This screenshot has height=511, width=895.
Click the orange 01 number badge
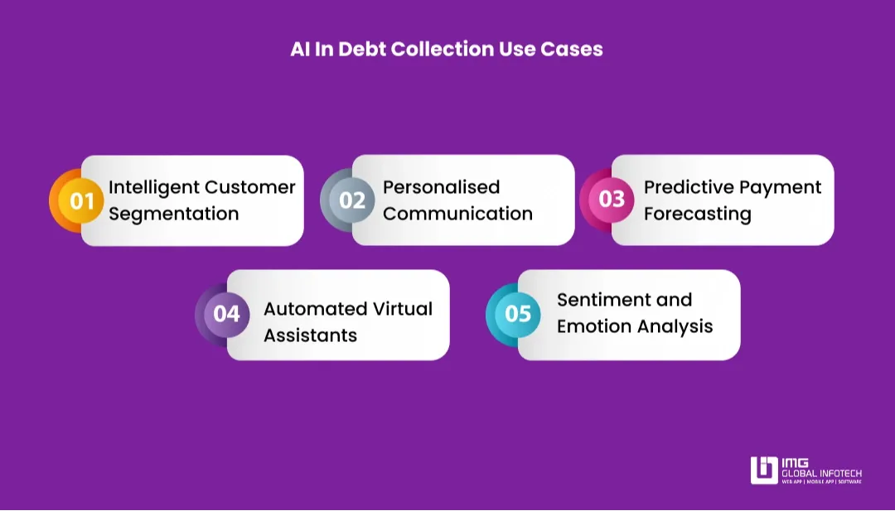click(x=81, y=200)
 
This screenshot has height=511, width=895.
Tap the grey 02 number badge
click(x=352, y=200)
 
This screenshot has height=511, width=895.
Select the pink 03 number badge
click(x=612, y=200)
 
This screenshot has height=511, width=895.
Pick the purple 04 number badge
click(x=226, y=315)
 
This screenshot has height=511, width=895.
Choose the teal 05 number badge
click(x=517, y=315)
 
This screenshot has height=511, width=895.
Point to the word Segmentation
click(x=173, y=214)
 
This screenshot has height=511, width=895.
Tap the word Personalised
click(x=441, y=187)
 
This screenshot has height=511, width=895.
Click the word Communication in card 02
click(x=457, y=214)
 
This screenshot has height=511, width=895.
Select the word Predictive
click(x=686, y=187)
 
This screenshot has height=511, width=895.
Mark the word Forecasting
click(x=697, y=214)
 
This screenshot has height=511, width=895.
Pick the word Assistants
click(x=310, y=335)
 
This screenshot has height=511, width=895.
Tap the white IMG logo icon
click(x=763, y=470)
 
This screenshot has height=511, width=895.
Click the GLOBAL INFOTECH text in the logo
click(x=821, y=473)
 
